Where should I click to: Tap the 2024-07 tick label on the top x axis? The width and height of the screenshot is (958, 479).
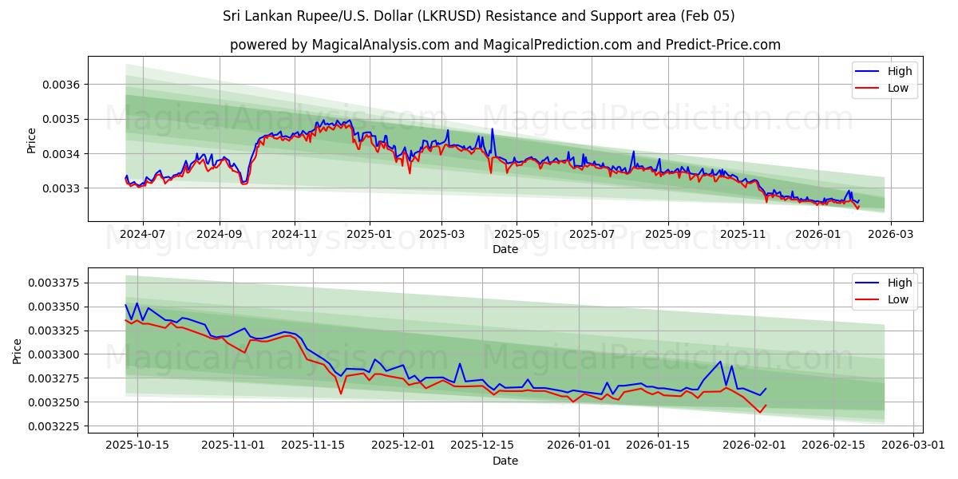tap(143, 234)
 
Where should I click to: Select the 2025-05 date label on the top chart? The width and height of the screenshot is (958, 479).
tap(517, 234)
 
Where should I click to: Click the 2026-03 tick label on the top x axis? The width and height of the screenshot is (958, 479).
tap(890, 234)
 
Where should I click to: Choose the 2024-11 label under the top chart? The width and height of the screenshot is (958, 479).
tap(295, 234)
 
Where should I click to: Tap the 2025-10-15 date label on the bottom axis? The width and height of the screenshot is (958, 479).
tap(137, 445)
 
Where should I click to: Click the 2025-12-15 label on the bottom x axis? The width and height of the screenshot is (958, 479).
tap(482, 445)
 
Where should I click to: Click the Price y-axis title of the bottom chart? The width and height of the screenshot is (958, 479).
tap(18, 351)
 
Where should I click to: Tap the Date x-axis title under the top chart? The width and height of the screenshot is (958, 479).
tap(505, 249)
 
